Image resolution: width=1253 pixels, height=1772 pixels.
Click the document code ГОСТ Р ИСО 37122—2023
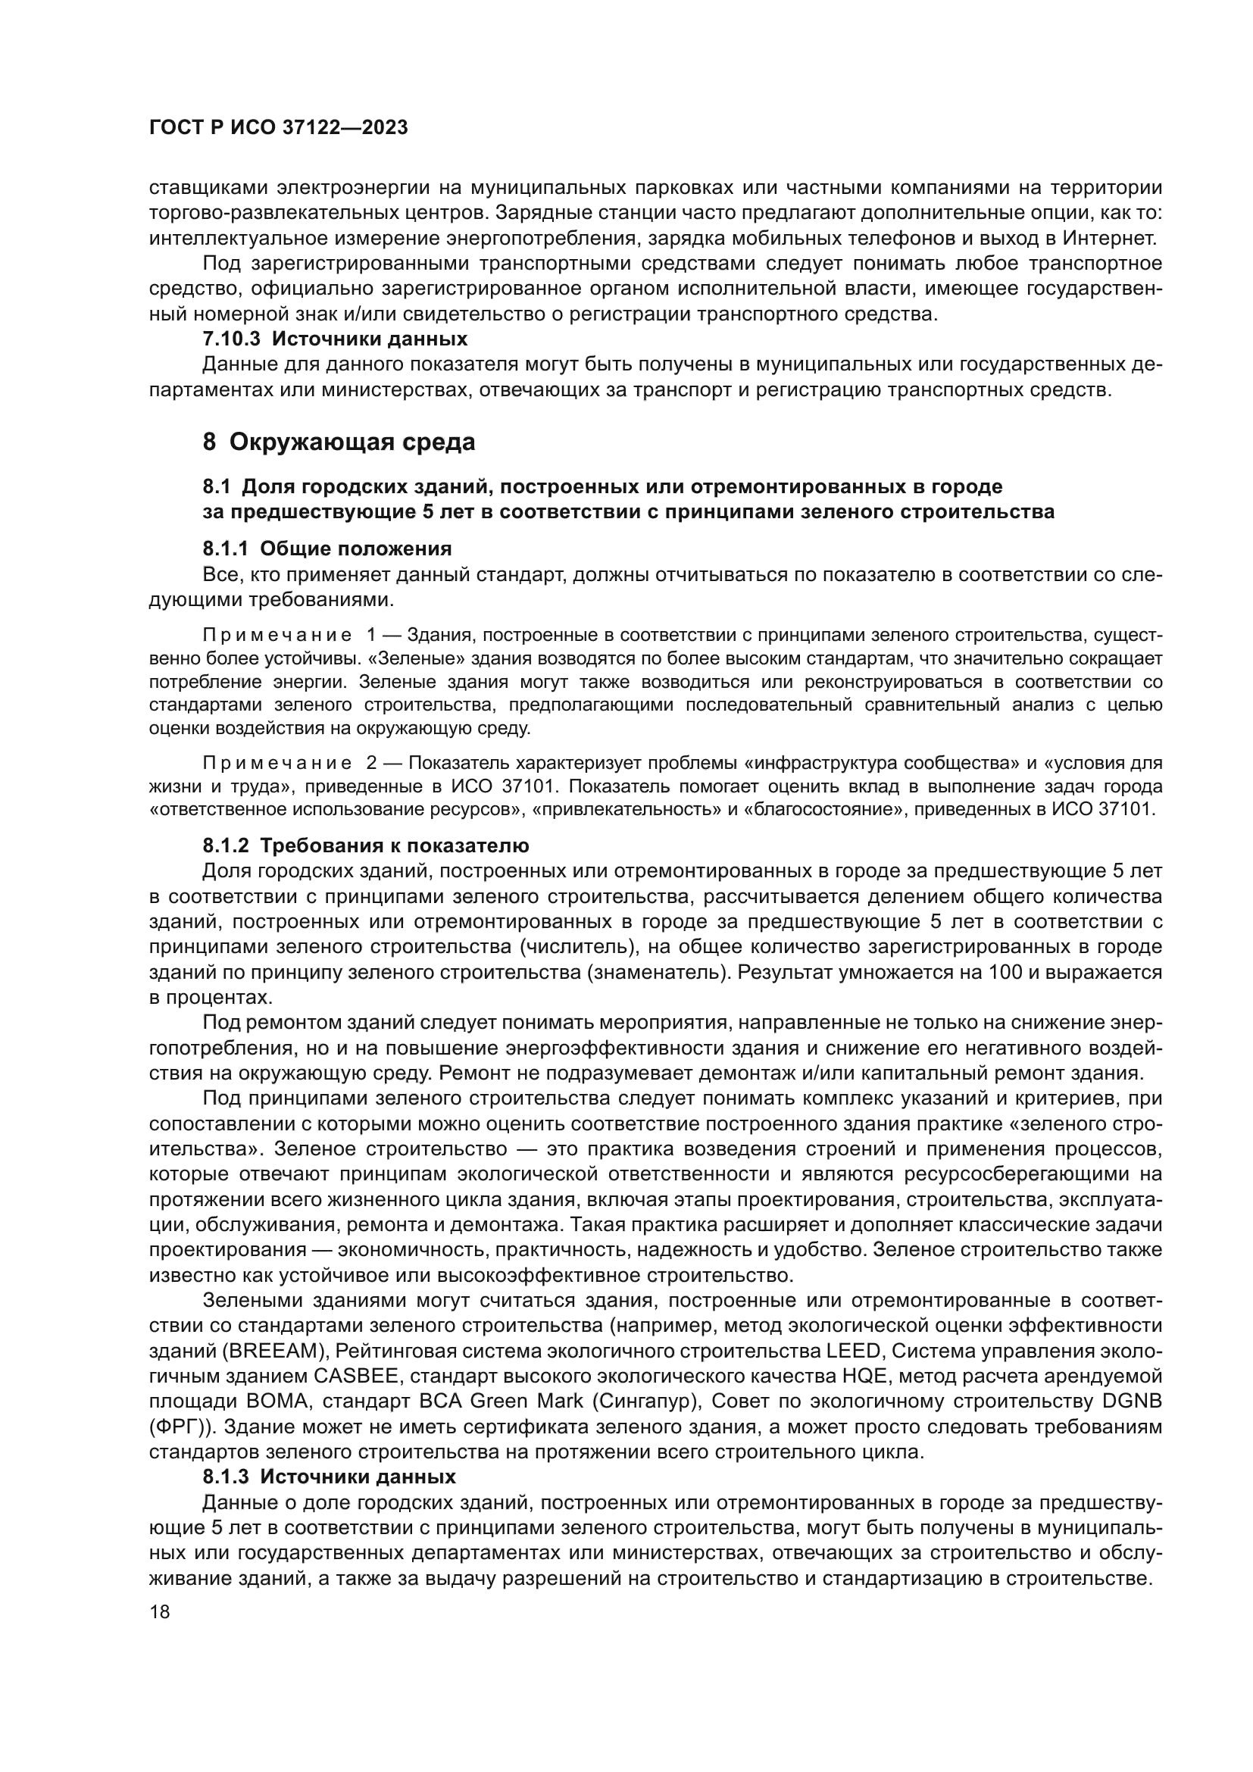[x=278, y=128]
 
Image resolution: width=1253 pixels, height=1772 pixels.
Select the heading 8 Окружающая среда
[x=339, y=442]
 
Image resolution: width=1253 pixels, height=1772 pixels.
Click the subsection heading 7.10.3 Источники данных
[x=335, y=339]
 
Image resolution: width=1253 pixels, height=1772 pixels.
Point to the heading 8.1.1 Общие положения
[x=327, y=548]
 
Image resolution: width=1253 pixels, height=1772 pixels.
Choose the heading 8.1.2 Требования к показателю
[x=366, y=846]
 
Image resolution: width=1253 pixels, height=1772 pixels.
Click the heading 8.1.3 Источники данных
[x=330, y=1477]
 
